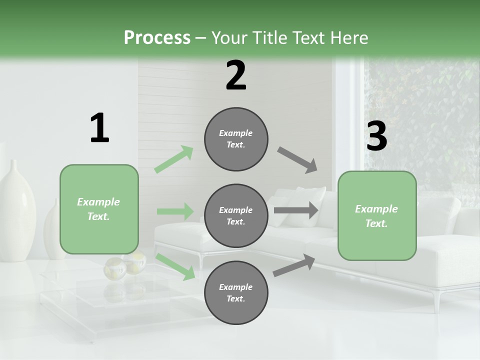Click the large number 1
point(99,128)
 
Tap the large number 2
point(236,75)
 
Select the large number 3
point(377,136)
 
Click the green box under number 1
point(99,209)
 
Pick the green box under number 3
point(377,215)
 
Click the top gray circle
point(236,139)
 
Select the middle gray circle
point(236,215)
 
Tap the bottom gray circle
point(236,292)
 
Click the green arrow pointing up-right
point(174,159)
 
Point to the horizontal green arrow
point(175,211)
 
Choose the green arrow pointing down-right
point(175,266)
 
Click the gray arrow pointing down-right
point(297,160)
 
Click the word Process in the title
point(157,37)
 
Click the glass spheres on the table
point(125,265)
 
